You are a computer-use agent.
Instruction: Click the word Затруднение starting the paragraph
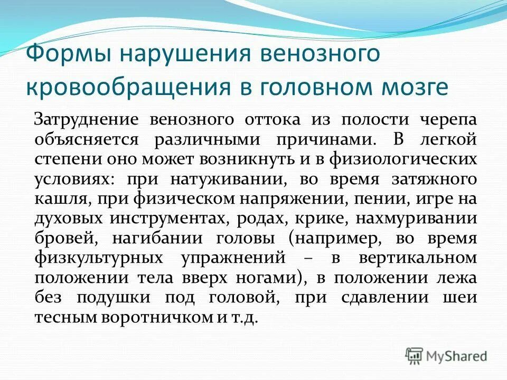click(87, 119)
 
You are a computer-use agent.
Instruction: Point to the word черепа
click(448, 119)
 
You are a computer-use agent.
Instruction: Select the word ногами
click(267, 278)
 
